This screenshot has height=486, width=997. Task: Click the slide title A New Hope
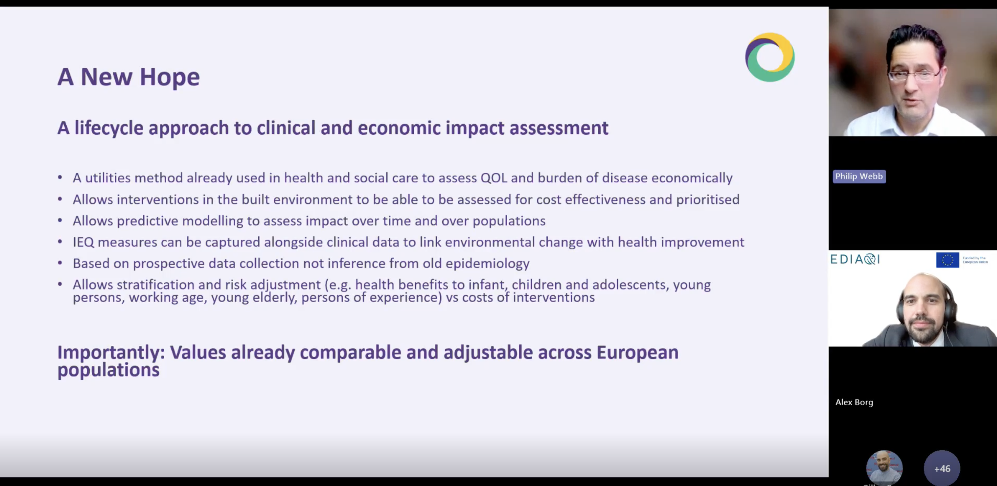tap(129, 77)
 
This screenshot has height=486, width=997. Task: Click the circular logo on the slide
tap(770, 57)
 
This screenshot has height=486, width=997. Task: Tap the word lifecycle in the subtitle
tap(109, 128)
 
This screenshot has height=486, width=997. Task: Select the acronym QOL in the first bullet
tap(494, 178)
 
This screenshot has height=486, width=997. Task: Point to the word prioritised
tap(708, 200)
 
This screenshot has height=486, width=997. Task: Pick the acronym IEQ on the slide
tap(83, 242)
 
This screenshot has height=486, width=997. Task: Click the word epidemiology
tap(487, 264)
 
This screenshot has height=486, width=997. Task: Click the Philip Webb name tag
tap(859, 176)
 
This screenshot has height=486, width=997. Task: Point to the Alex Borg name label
tap(854, 402)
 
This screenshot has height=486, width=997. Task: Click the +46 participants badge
tap(942, 469)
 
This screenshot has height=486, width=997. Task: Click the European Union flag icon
tap(947, 260)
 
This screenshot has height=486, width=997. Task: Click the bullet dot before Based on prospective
tap(60, 263)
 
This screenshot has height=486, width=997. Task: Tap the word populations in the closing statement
tap(108, 370)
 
